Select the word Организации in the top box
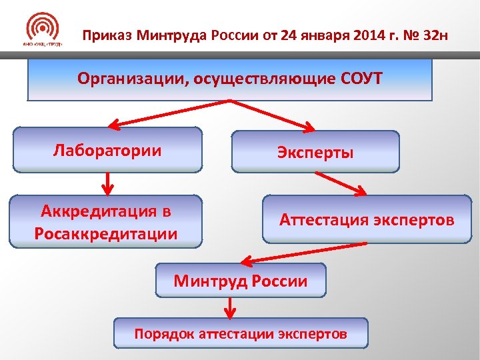click(x=133, y=79)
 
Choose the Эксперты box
click(x=315, y=152)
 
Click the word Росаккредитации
click(x=106, y=233)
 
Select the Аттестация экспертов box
click(x=367, y=219)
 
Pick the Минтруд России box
click(x=241, y=281)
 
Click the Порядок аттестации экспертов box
click(x=241, y=333)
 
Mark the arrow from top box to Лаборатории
click(x=170, y=113)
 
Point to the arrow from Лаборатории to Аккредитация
click(x=109, y=181)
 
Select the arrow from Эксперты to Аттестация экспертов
click(x=341, y=183)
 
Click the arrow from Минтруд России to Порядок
click(x=230, y=307)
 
